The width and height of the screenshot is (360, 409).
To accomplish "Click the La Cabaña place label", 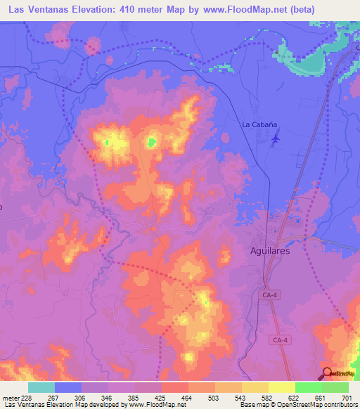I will point(259,124).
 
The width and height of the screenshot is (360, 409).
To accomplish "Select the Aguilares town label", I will point(270,250).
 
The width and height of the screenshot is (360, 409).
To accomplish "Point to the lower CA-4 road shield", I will point(280,340).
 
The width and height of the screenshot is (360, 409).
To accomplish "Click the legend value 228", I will point(27,398).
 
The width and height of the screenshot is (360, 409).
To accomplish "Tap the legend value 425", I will point(160,398).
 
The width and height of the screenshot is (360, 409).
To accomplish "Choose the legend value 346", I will point(107,398).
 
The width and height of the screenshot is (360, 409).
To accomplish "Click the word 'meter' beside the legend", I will point(10,398).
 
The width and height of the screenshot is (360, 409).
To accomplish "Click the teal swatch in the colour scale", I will point(41,387).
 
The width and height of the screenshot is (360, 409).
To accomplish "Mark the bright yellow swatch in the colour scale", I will point(281,387).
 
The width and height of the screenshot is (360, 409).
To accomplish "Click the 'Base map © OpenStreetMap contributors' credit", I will point(298,405).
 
